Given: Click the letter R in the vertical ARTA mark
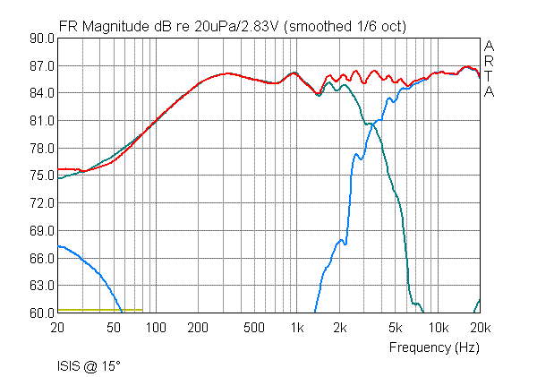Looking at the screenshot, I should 489,61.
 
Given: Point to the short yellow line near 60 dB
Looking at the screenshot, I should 99,310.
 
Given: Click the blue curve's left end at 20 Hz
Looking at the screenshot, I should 58,245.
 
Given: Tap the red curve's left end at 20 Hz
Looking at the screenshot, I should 58,168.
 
